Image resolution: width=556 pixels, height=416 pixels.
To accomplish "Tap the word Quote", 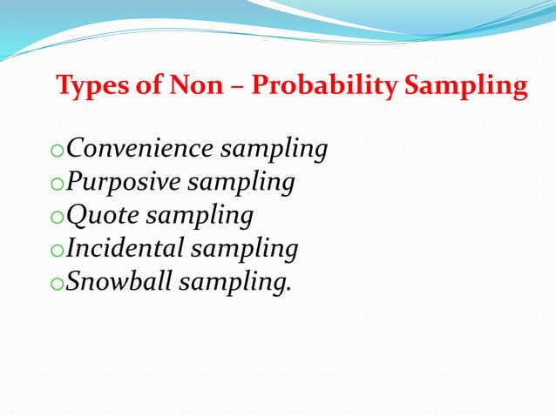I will click(100, 216).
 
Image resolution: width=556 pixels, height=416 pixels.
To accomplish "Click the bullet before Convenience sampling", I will click(58, 152).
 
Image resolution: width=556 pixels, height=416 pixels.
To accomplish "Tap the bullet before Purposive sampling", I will click(58, 185).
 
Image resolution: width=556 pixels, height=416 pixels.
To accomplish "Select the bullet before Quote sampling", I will click(58, 218).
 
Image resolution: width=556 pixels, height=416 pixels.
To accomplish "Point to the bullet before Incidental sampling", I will click(58, 252).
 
